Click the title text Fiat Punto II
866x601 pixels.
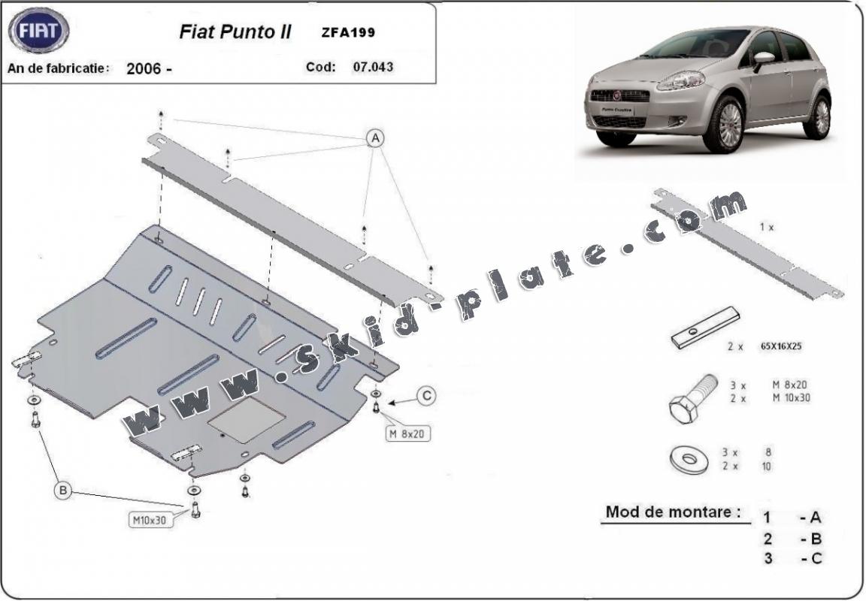[235, 32]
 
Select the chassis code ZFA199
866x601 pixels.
[350, 32]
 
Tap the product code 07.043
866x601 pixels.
[372, 67]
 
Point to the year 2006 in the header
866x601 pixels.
[144, 68]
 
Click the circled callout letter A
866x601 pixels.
[374, 137]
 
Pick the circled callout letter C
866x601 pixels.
[426, 396]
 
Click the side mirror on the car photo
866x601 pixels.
[763, 59]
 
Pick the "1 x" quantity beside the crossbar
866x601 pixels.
[766, 227]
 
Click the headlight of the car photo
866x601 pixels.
[680, 80]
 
